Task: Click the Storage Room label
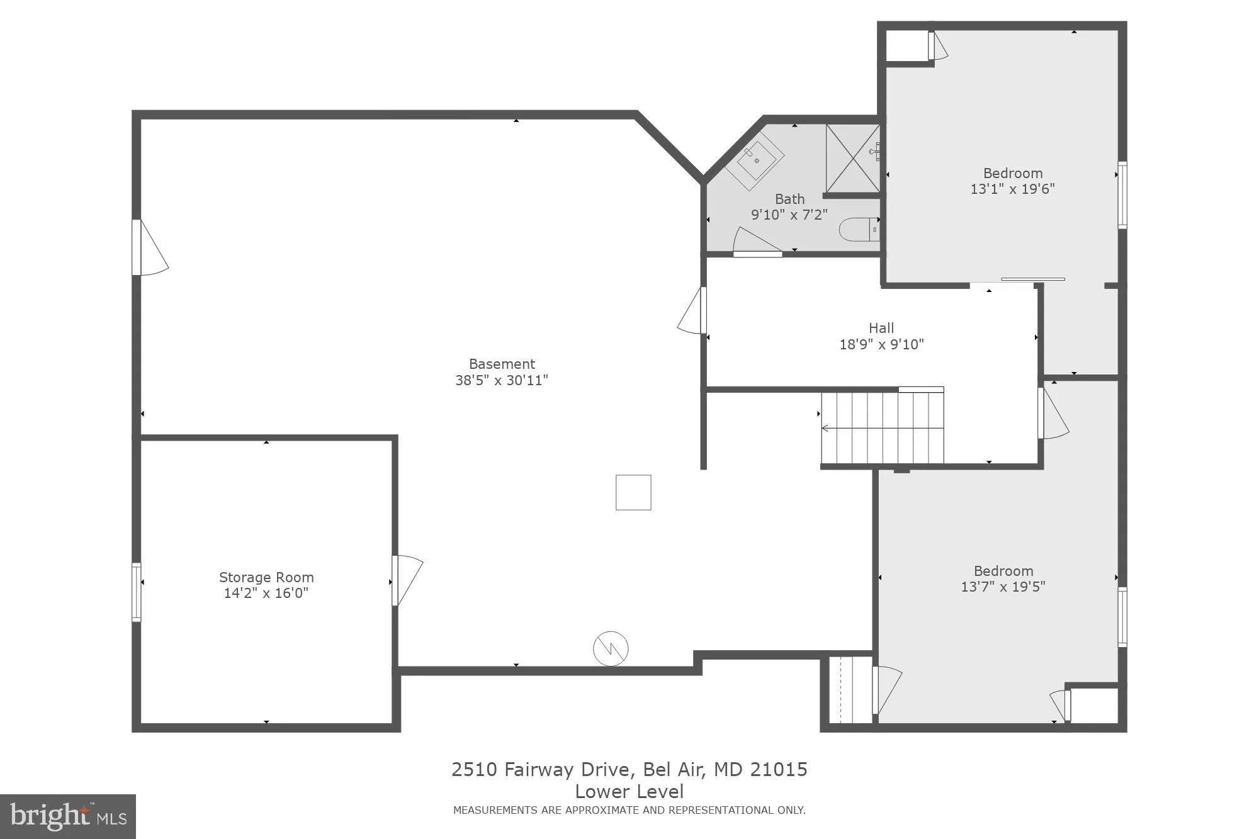266,577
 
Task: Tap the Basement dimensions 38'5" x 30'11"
502,380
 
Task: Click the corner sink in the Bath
755,160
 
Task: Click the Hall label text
881,328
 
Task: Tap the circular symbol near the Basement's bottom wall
611,648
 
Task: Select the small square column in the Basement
633,492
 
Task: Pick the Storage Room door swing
406,579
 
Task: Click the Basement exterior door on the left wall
150,247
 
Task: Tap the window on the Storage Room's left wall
136,592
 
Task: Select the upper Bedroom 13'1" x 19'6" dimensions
1012,189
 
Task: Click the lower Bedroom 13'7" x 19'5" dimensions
1003,587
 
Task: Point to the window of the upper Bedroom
1122,195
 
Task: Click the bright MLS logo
68,816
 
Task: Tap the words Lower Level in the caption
629,791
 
